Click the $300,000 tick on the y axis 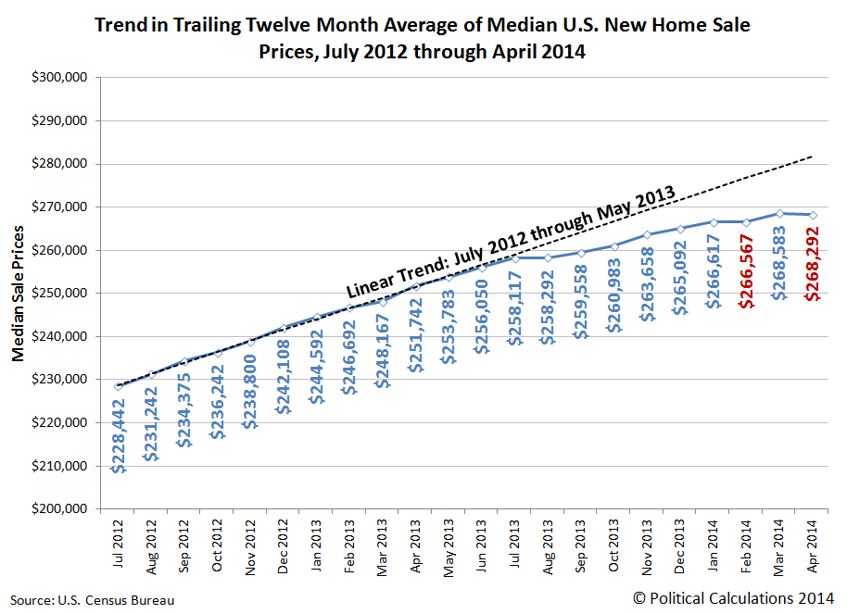click(x=60, y=78)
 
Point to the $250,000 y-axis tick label click(x=60, y=294)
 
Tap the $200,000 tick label click(x=60, y=509)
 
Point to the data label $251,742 click(x=415, y=334)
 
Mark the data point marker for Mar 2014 click(x=779, y=213)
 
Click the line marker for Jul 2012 click(x=118, y=386)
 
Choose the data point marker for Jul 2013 click(x=514, y=257)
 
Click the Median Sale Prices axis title click(x=19, y=294)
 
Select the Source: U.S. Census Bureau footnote click(x=93, y=600)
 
